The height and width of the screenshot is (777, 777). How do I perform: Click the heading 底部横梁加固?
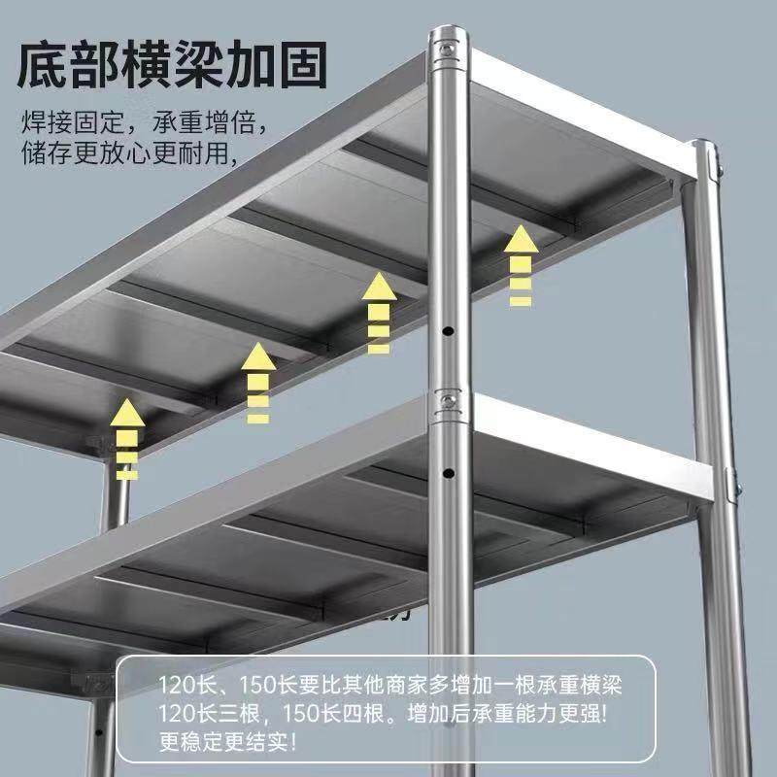[174, 65]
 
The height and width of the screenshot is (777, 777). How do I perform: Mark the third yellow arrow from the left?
[379, 311]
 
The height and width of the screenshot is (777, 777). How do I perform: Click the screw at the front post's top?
[447, 48]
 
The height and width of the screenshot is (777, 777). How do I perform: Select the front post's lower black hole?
[448, 473]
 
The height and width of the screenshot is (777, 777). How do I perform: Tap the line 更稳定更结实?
[227, 745]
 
